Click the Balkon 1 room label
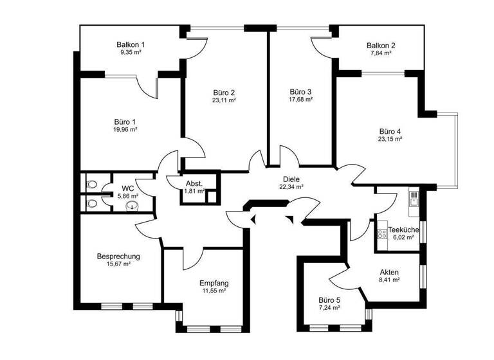131,44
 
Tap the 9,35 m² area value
131,52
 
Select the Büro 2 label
224,92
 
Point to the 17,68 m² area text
300,100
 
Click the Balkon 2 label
381,46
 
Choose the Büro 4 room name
390,130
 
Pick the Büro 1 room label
125,122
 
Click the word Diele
291,179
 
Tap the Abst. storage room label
194,183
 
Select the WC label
128,189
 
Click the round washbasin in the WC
133,206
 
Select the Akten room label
389,272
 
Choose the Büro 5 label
329,300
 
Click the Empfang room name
214,283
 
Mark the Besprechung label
118,256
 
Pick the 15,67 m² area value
118,264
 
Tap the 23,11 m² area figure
224,100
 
